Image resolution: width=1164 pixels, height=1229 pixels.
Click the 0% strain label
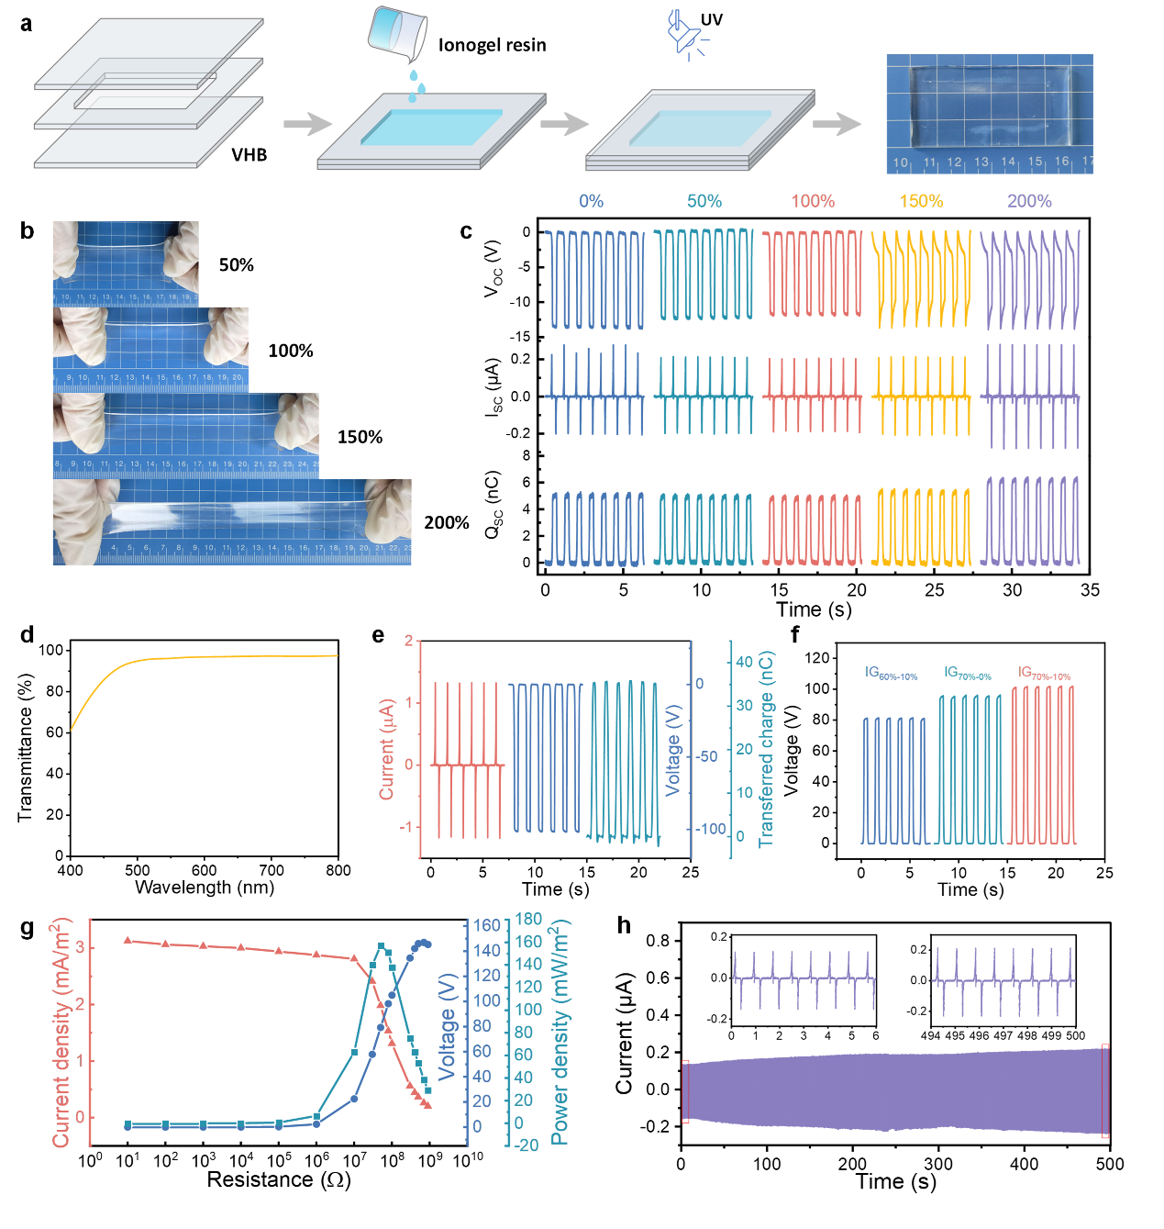tap(591, 201)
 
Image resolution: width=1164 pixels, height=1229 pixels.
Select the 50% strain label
tap(704, 201)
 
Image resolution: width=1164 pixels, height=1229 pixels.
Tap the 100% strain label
tap(813, 201)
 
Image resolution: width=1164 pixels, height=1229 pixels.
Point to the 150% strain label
tap(921, 201)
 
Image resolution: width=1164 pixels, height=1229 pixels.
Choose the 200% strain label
tap(1029, 201)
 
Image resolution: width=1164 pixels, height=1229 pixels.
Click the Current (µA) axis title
tap(387, 748)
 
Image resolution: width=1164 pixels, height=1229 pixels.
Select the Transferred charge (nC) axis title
tap(767, 748)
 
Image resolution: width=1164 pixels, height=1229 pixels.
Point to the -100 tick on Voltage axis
tap(710, 829)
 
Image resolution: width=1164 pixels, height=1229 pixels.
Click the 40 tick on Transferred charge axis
tap(744, 662)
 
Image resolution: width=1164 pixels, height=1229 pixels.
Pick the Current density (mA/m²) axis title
tap(61, 1032)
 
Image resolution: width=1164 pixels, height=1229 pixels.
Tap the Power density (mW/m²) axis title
tap(559, 1032)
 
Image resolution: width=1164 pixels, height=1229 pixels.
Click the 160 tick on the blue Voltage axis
tap(486, 925)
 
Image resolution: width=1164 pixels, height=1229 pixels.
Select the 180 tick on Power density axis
tap(528, 919)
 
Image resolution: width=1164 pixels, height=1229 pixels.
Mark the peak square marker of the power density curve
tap(382, 946)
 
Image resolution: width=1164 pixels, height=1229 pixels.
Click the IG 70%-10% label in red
tap(1044, 674)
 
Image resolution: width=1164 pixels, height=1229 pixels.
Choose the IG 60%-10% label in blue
tap(891, 674)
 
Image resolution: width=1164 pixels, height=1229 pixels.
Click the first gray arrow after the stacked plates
tap(307, 123)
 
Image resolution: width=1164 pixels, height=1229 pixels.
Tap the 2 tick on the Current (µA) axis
tap(409, 641)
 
